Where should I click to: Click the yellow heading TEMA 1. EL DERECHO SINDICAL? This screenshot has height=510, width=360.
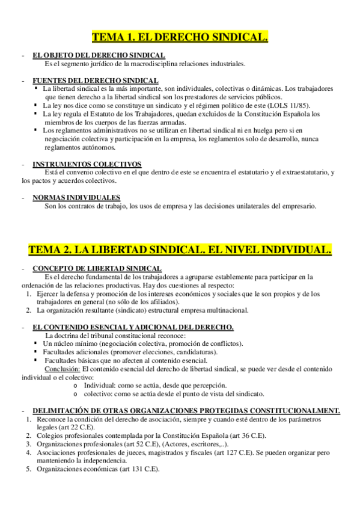click(x=180, y=37)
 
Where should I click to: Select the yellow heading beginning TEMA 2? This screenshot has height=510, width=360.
click(x=180, y=249)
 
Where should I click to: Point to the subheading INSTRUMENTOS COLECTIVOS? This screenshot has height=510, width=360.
click(x=87, y=164)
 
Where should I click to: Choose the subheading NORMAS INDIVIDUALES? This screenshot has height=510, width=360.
click(x=76, y=197)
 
